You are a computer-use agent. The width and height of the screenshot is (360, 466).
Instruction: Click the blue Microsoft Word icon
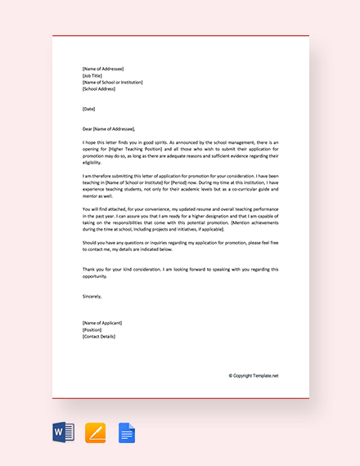pos(64,432)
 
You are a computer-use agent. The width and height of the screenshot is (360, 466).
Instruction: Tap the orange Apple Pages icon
pos(96,432)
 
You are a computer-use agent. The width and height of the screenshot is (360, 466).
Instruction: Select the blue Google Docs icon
pos(127,432)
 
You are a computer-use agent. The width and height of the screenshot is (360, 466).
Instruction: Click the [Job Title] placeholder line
pos(95,75)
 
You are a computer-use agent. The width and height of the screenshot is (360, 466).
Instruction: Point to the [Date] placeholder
pos(89,109)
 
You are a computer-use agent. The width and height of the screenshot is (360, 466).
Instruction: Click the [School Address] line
pos(99,89)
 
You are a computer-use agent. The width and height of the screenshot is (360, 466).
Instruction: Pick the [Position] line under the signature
pos(92,329)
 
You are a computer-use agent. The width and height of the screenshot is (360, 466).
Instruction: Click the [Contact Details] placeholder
pos(101,336)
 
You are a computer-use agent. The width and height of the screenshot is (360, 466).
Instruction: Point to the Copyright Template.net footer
pos(254,375)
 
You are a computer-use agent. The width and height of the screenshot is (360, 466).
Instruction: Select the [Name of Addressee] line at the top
pos(103,69)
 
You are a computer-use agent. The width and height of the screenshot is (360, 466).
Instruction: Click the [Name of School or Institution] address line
pos(113,82)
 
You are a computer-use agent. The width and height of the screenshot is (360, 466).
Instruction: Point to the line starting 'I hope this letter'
pos(180,142)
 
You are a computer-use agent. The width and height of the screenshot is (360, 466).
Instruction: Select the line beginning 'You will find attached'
pos(180,209)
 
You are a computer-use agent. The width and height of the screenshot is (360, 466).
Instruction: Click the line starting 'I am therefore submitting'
pos(180,176)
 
